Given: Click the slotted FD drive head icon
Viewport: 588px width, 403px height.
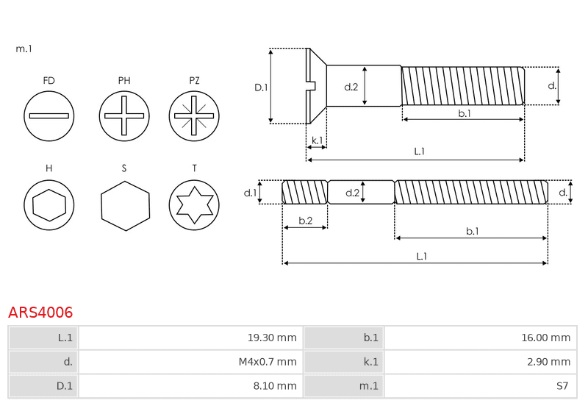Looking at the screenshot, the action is tap(49, 116).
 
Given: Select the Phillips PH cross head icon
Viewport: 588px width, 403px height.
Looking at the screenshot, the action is tap(124, 116).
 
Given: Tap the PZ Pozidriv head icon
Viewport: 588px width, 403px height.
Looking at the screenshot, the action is tap(194, 116).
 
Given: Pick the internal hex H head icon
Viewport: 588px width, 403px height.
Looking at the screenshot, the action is tap(49, 205).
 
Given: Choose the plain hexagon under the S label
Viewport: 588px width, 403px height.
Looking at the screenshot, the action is tap(125, 206).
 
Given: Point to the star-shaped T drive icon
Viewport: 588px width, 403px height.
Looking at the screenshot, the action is tap(194, 205).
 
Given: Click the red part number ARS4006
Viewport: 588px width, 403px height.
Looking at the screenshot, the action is tap(40, 313).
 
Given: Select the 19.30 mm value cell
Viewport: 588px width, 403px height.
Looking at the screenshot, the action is tap(190, 338).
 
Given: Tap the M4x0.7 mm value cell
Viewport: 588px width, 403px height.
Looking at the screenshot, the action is tap(190, 362).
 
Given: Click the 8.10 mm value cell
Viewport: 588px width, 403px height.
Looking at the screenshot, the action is tap(190, 386).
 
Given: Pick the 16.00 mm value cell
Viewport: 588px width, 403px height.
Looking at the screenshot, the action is tap(481, 338).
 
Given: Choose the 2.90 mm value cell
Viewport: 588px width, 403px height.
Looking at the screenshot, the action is tap(481, 362).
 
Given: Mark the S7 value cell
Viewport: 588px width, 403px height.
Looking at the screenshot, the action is tap(481, 386).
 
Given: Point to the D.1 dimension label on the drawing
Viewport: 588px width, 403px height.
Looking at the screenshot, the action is tap(261, 88).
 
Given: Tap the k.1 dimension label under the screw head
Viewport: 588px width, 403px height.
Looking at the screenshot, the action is tap(318, 140).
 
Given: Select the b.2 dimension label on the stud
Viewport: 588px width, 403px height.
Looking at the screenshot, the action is tap(306, 221).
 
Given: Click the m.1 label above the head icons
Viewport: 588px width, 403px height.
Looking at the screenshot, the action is tap(24, 49).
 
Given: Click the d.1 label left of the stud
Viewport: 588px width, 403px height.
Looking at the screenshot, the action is tap(250, 193).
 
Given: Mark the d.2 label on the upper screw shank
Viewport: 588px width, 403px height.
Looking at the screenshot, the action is tap(351, 87).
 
